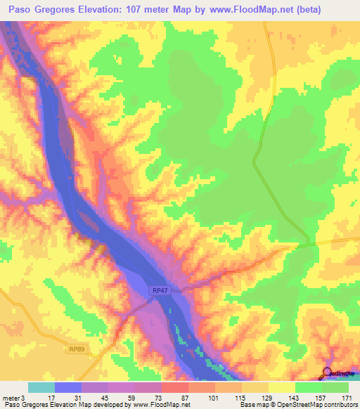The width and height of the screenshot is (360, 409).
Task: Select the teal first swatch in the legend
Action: tap(41, 387)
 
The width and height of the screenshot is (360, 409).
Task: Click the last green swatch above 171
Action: tap(335, 387)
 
